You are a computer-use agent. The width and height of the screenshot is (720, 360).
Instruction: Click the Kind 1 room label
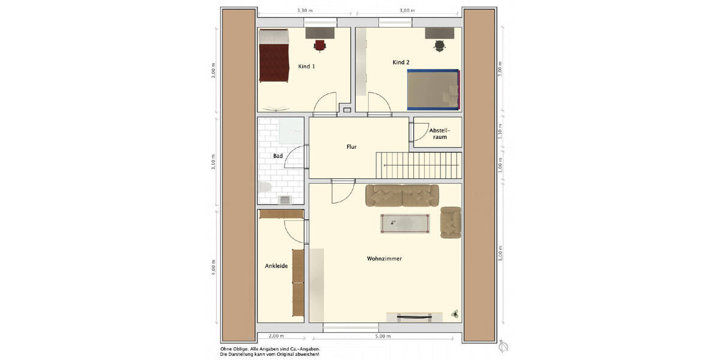click(307, 66)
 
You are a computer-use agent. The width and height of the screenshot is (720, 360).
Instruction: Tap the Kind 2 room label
click(401, 62)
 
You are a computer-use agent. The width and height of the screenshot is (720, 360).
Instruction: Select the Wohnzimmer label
click(384, 259)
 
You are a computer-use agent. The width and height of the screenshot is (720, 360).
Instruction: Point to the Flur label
click(352, 146)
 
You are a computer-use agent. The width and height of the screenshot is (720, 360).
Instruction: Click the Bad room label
click(277, 156)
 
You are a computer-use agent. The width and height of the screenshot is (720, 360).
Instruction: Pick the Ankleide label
click(276, 266)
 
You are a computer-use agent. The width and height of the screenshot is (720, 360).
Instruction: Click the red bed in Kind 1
click(274, 56)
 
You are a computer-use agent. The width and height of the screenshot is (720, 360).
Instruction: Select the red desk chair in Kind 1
click(320, 44)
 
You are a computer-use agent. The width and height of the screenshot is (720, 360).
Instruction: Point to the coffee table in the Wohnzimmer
click(405, 223)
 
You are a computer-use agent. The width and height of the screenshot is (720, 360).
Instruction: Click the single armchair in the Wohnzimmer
click(450, 222)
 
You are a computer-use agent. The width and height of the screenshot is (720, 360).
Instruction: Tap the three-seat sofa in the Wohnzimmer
click(402, 196)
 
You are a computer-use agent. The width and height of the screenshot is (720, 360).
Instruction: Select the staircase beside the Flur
click(418, 164)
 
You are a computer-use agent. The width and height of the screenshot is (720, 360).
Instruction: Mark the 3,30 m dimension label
click(305, 11)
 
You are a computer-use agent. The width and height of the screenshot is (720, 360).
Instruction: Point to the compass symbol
click(504, 347)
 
